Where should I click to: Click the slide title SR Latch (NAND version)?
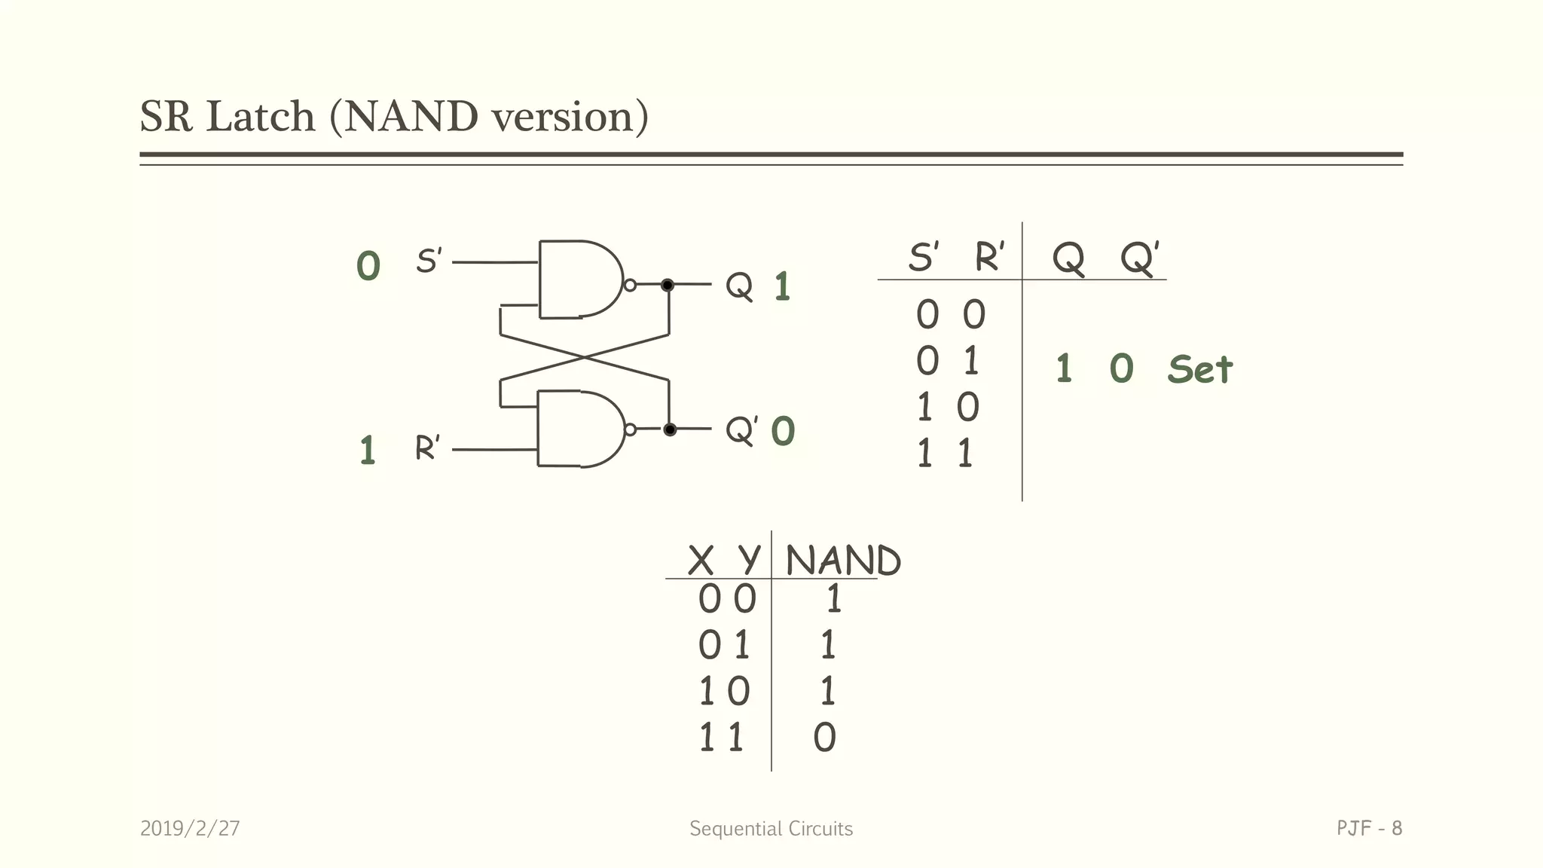click(394, 117)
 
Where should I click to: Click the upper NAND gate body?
click(576, 280)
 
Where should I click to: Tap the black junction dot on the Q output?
click(668, 285)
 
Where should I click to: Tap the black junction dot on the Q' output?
click(669, 429)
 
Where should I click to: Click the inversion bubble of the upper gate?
click(631, 285)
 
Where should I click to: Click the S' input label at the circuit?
click(429, 261)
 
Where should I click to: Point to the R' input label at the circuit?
click(427, 448)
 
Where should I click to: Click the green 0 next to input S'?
click(368, 267)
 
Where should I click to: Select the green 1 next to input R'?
click(367, 451)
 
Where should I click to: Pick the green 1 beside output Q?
click(782, 287)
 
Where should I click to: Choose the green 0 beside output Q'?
click(783, 432)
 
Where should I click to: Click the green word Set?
click(1199, 370)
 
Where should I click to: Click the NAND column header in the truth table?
click(842, 561)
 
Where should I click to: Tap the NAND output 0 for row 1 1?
click(824, 738)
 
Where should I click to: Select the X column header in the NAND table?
click(700, 561)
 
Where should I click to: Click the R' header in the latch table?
click(989, 258)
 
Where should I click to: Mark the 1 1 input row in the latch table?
click(944, 454)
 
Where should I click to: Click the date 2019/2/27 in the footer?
click(190, 829)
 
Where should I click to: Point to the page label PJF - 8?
click(1369, 829)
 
